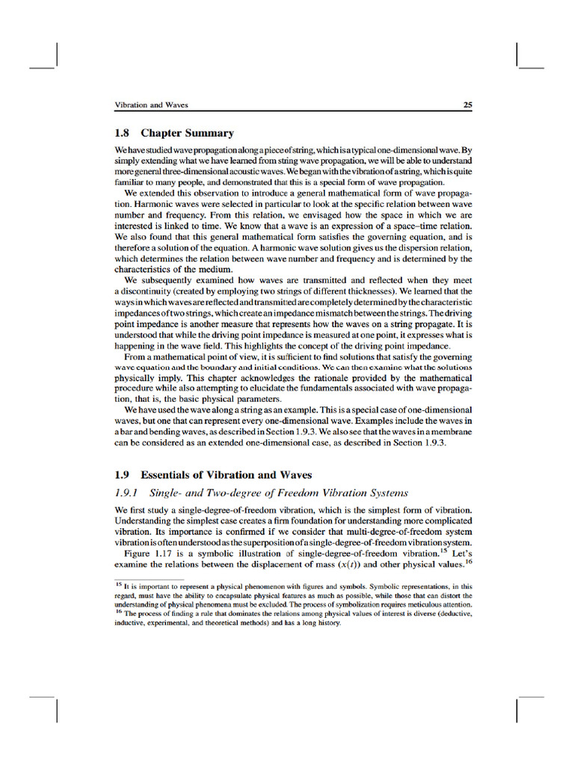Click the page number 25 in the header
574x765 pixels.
point(467,105)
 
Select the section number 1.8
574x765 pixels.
point(123,134)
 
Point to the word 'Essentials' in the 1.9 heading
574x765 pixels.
point(169,475)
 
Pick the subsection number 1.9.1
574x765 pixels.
point(129,492)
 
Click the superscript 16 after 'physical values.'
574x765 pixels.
point(469,562)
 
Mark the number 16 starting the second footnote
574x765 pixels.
point(118,612)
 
